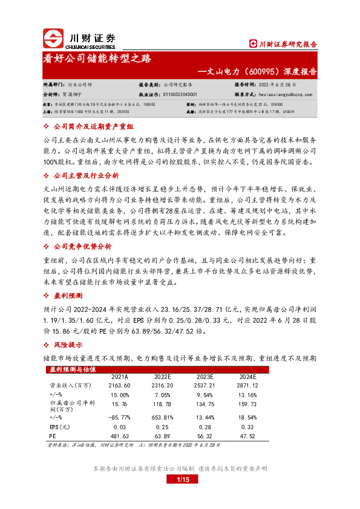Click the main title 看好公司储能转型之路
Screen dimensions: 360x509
pos(97,59)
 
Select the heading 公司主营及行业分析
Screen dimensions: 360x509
pos(86,175)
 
